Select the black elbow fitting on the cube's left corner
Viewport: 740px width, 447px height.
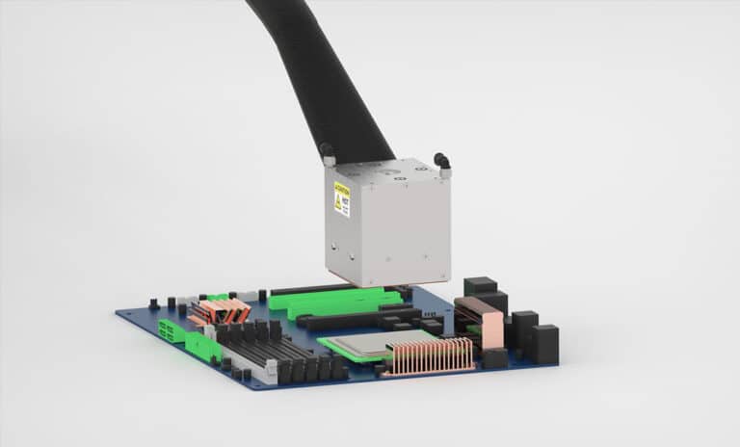tap(328, 152)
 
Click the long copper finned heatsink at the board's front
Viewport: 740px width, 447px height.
tap(430, 355)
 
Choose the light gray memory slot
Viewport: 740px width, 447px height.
tap(260, 362)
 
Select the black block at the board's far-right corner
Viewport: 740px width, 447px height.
tap(543, 343)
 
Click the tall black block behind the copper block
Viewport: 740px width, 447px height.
tap(480, 288)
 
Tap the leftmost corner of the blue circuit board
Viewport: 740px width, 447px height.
tap(118, 314)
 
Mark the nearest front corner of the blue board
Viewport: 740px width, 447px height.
tap(252, 389)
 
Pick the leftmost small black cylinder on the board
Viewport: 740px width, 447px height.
tap(154, 303)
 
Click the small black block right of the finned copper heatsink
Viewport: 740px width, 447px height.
tap(493, 358)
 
